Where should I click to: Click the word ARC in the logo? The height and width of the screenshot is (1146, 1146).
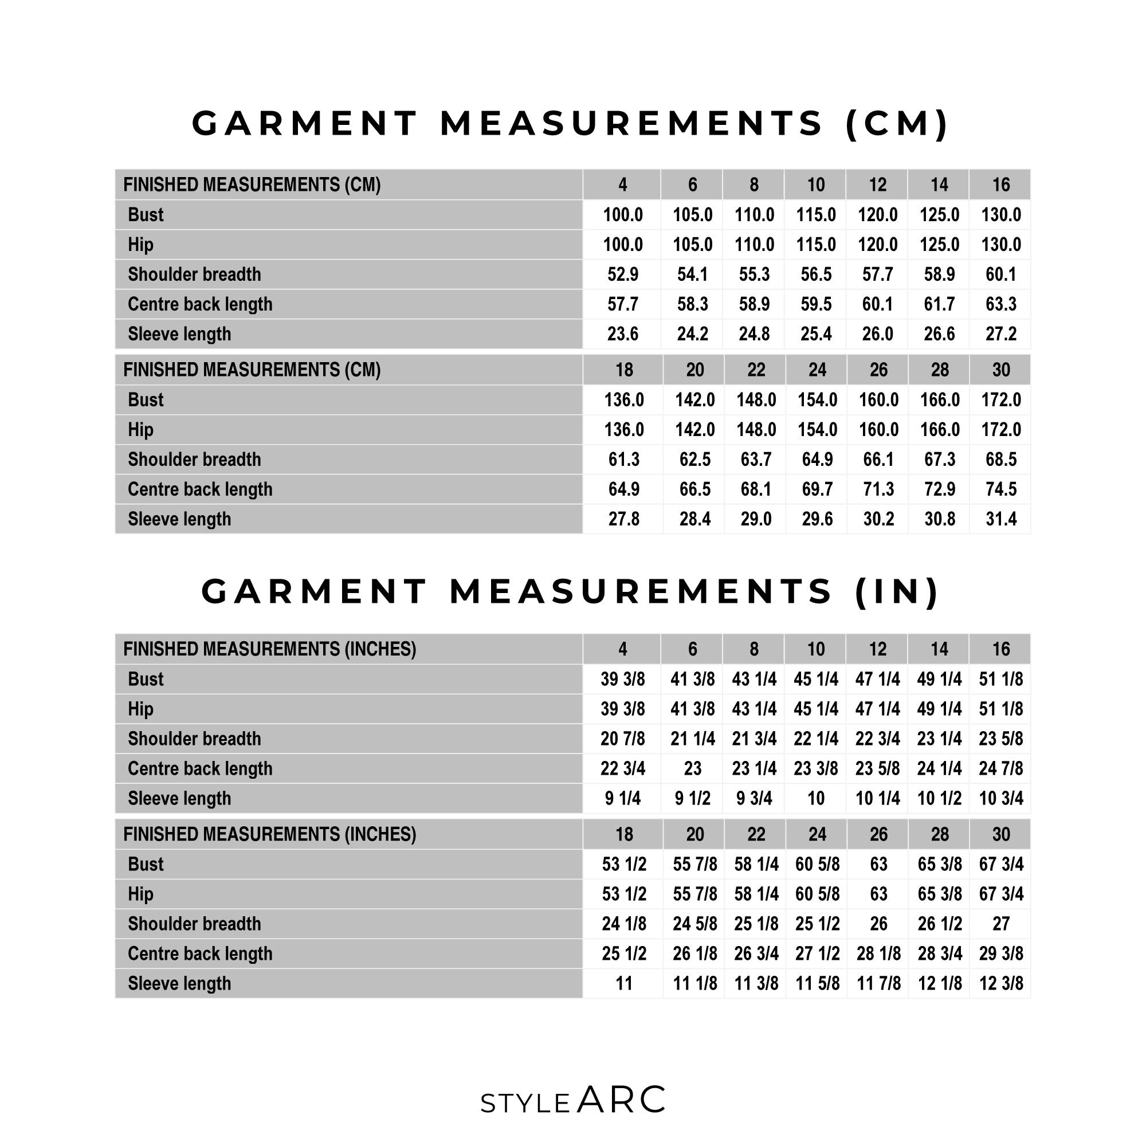[x=621, y=1100]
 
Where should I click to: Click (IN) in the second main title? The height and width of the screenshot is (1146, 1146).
[x=897, y=591]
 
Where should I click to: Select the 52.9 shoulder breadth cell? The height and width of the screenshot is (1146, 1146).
[x=622, y=274]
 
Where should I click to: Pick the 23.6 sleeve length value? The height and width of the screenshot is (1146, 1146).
[x=622, y=334]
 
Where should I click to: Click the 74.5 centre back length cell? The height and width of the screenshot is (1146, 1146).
[x=1000, y=489]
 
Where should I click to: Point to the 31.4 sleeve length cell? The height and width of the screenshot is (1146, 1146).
[x=1000, y=519]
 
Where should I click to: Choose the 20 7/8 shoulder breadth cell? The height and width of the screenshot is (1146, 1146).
[x=622, y=739]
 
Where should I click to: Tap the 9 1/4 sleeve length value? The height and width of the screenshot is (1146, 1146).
[x=622, y=798]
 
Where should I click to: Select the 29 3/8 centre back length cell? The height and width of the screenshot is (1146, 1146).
[x=1000, y=954]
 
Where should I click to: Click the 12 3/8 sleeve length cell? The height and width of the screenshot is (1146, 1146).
[x=1000, y=983]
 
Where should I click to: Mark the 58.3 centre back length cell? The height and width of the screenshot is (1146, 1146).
[x=692, y=304]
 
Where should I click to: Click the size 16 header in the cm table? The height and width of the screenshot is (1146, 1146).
[x=1000, y=185]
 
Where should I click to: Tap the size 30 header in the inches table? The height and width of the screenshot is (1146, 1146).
[x=1000, y=835]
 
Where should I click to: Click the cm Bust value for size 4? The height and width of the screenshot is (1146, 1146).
[x=622, y=215]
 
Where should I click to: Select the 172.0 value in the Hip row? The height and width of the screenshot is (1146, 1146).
[x=1000, y=429]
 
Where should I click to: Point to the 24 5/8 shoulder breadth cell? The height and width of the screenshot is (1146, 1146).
[x=694, y=924]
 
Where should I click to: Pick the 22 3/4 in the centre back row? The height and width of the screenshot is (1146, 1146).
[x=622, y=769]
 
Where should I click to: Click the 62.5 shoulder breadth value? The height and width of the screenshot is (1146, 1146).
[x=694, y=460]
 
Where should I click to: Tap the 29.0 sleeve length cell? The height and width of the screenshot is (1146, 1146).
[x=756, y=519]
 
